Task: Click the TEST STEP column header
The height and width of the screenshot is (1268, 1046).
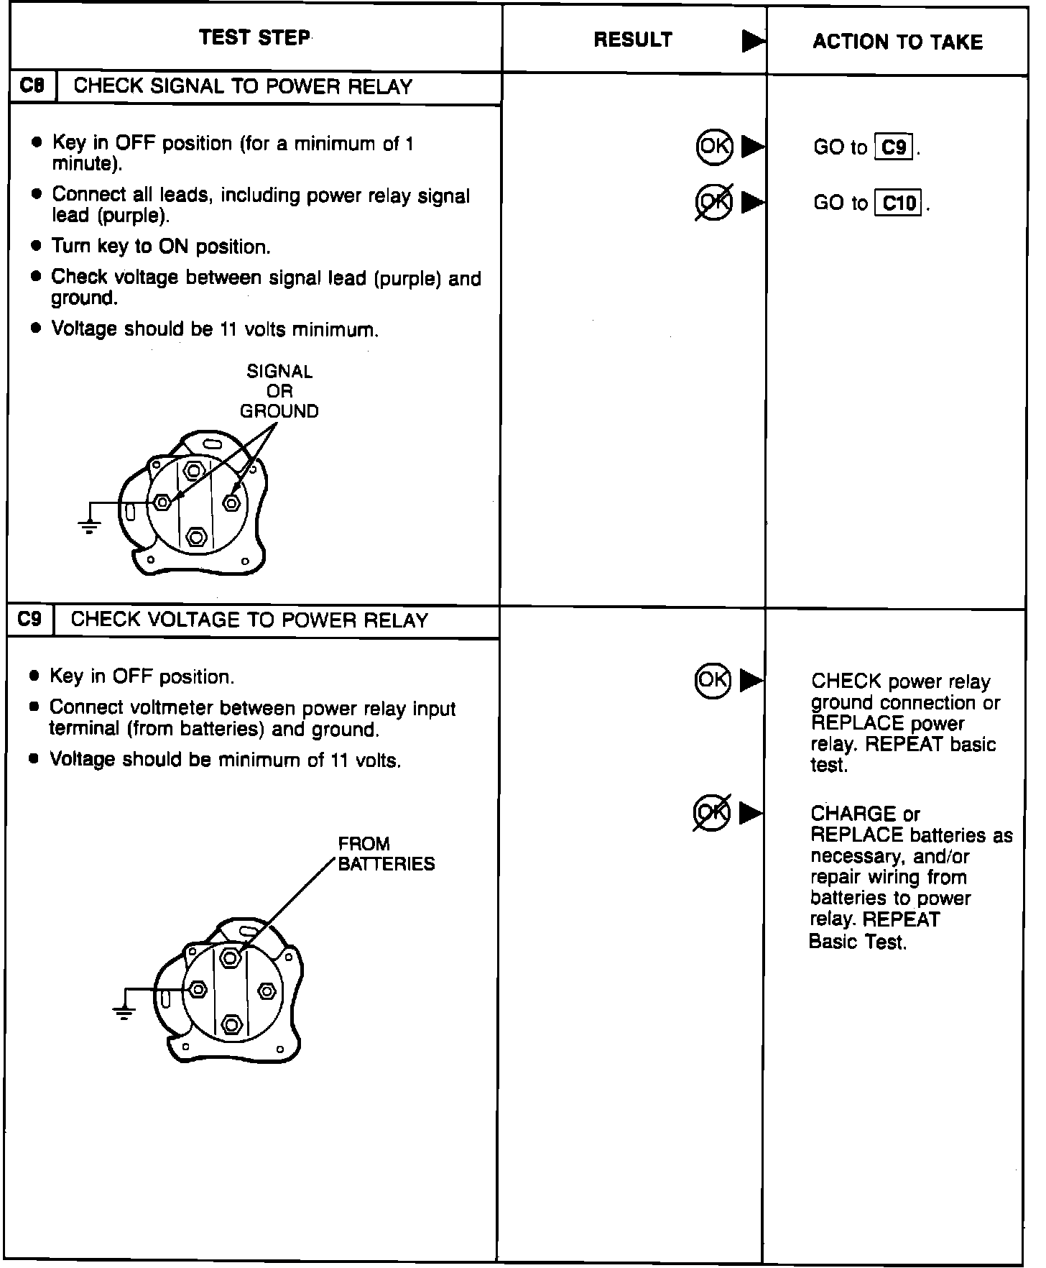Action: pyautogui.click(x=254, y=37)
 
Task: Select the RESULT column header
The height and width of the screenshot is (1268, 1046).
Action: pyautogui.click(x=633, y=40)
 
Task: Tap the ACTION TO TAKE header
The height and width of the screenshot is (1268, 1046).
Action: pyautogui.click(x=897, y=42)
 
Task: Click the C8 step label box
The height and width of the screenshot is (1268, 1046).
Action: pyautogui.click(x=32, y=86)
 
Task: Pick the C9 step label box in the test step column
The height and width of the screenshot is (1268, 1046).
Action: pyautogui.click(x=30, y=620)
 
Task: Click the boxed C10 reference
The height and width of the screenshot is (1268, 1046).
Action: pyautogui.click(x=898, y=204)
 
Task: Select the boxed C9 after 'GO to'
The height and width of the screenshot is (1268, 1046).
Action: pyautogui.click(x=894, y=148)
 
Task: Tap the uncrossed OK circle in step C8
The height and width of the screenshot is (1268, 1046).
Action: pyautogui.click(x=714, y=147)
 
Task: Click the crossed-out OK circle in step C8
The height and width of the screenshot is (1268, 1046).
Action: pyautogui.click(x=714, y=202)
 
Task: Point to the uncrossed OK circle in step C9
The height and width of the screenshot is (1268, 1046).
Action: pyautogui.click(x=713, y=679)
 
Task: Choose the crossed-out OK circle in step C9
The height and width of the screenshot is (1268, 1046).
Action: pyautogui.click(x=712, y=813)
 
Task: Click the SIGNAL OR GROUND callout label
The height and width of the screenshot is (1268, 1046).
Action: pyautogui.click(x=279, y=392)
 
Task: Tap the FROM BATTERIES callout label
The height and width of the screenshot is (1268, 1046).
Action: pyautogui.click(x=386, y=854)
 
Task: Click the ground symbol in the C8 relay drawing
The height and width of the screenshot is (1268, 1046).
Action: pyautogui.click(x=89, y=527)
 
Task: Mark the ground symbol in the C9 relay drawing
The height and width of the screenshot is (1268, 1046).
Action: pyautogui.click(x=124, y=1014)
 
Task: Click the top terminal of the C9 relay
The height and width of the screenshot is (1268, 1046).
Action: pyautogui.click(x=230, y=957)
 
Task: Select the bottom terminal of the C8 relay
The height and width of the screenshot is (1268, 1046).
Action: pyautogui.click(x=195, y=537)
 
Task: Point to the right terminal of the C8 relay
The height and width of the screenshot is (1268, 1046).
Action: pyautogui.click(x=231, y=502)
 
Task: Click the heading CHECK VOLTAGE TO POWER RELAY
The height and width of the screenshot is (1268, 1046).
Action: pyautogui.click(x=249, y=620)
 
